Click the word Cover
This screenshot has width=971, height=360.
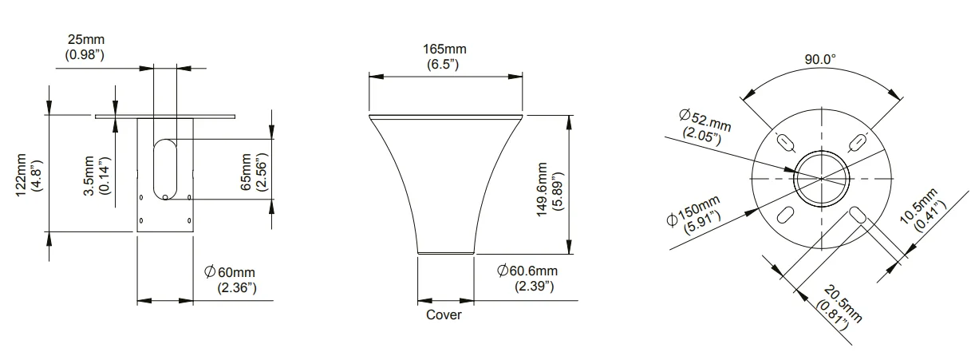(444, 315)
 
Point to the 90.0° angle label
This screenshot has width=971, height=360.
(819, 59)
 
